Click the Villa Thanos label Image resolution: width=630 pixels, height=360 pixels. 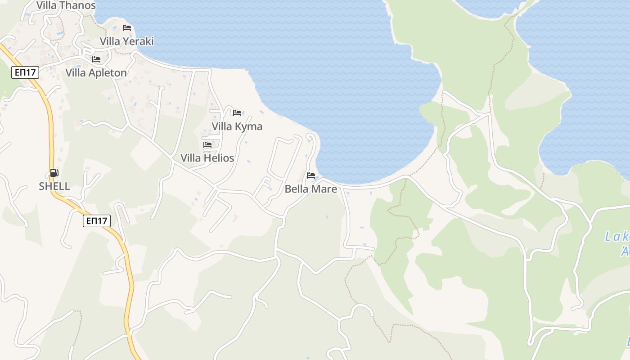[66, 5]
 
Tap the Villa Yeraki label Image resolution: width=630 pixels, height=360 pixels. [126, 41]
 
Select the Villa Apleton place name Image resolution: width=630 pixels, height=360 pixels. [96, 73]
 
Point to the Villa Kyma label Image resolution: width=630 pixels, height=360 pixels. [237, 126]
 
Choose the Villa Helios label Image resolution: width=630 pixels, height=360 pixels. [207, 158]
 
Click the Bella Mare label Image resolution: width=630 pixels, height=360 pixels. [310, 189]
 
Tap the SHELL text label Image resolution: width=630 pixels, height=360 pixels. [54, 186]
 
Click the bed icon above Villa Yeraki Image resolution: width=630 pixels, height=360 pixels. [127, 28]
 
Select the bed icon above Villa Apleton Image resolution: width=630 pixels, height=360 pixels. [96, 59]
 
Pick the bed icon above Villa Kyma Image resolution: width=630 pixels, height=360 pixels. [237, 112]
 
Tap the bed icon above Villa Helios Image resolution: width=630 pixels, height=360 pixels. [207, 145]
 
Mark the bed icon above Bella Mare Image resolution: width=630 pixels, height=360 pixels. [311, 175]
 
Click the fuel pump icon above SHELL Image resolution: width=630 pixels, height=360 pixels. [54, 173]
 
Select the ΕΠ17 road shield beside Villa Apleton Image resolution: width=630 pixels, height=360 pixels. [25, 72]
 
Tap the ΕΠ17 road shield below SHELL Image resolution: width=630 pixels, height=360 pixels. [97, 220]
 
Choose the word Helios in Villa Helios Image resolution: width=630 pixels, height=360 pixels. [219, 158]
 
